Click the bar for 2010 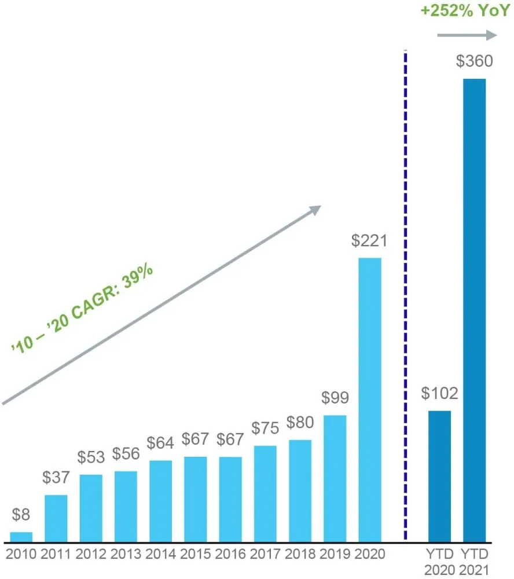[x=21, y=537]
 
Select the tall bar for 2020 [x=370, y=400]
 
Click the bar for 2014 [x=160, y=501]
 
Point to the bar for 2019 [x=335, y=478]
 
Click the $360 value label [x=474, y=62]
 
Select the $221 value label [x=369, y=241]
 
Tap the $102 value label [x=439, y=394]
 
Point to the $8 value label [x=21, y=515]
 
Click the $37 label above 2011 [x=56, y=478]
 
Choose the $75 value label [x=265, y=428]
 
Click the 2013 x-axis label [x=126, y=554]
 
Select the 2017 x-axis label [x=265, y=554]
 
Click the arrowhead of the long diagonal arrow [x=315, y=209]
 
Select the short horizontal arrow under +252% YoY [x=467, y=36]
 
